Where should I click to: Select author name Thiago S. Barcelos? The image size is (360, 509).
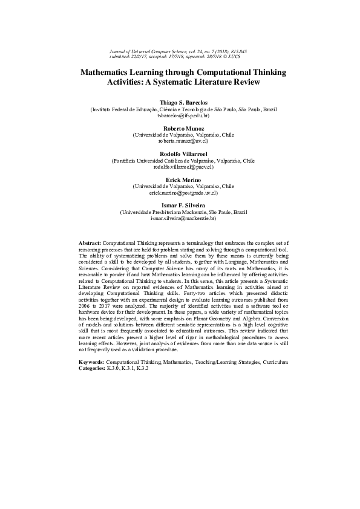[183, 103]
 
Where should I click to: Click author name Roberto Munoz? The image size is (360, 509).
[183, 129]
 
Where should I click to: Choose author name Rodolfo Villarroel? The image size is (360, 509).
[183, 154]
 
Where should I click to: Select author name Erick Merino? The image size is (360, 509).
[183, 180]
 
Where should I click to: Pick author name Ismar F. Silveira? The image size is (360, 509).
[183, 206]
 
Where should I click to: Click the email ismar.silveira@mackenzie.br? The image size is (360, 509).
[183, 218]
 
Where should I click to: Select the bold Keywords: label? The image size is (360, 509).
[91, 361]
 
